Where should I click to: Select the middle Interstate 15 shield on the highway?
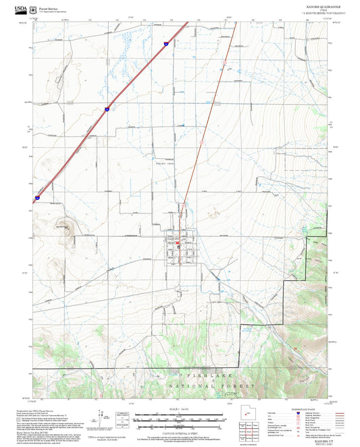coord(106,108)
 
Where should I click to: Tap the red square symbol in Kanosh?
coord(178,242)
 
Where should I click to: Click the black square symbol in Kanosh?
coord(178,248)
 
